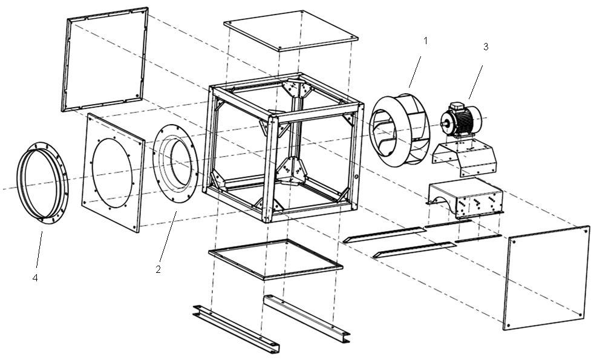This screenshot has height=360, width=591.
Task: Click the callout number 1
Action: [425, 41]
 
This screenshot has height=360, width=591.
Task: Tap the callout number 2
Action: [158, 270]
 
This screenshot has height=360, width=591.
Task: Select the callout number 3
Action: [485, 47]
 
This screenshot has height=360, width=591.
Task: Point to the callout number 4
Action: [34, 278]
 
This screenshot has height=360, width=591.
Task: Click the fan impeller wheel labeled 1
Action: [399, 128]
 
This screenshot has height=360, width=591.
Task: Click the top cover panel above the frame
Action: [290, 30]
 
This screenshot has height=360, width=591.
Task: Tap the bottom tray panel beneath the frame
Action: [275, 259]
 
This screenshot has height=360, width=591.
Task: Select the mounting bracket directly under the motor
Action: [463, 155]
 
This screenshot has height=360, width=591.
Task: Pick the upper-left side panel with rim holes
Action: [105, 59]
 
